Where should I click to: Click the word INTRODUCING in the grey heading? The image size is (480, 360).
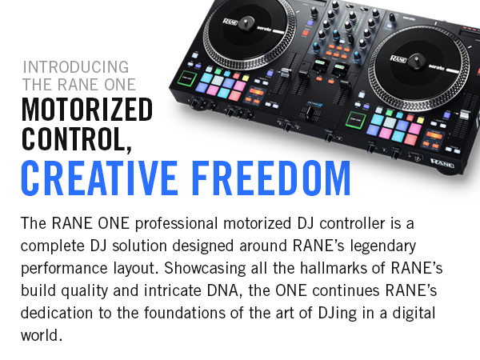(75, 66)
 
